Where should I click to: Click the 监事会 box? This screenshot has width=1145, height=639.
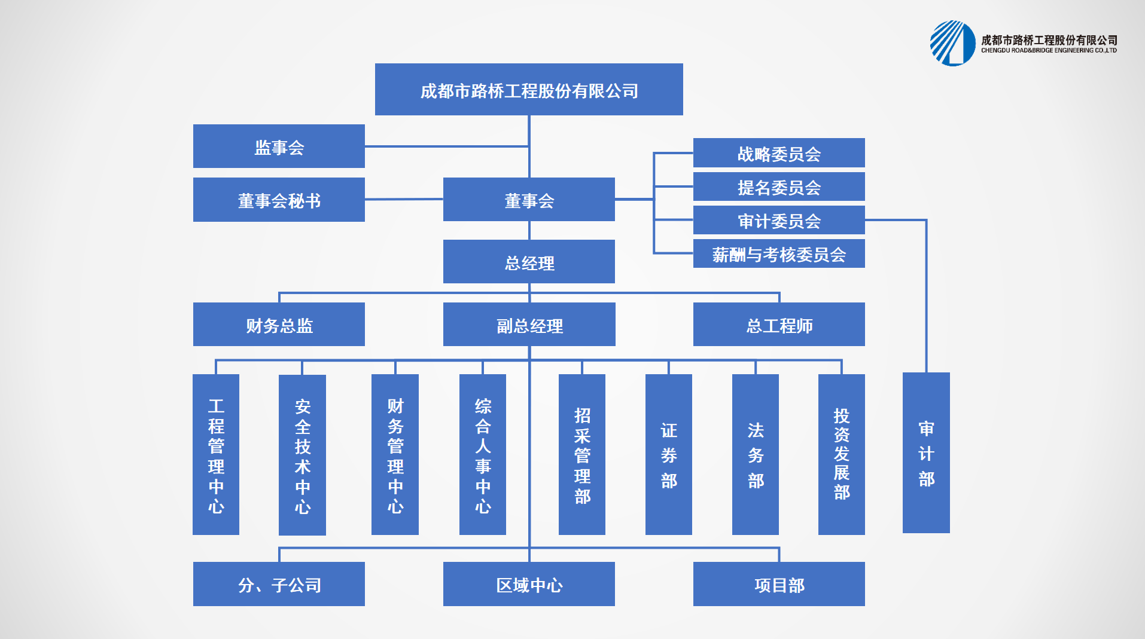[279, 146]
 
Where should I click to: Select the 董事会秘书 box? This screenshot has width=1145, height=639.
[279, 200]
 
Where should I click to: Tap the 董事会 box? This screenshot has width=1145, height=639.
[529, 200]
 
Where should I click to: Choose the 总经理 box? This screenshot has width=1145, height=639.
[529, 262]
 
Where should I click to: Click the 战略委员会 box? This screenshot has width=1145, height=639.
[779, 153]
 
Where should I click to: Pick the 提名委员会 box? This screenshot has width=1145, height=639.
[779, 186]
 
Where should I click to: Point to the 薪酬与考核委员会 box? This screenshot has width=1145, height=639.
[779, 253]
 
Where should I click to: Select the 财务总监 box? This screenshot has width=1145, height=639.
[279, 325]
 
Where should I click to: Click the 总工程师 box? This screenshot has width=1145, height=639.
[779, 325]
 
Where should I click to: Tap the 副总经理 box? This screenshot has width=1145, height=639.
[529, 325]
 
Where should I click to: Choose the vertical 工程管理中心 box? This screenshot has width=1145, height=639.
[216, 454]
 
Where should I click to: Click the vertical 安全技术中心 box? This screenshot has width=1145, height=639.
[302, 454]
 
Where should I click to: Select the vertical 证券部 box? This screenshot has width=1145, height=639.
[669, 454]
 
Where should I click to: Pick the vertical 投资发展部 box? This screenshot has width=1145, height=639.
[841, 454]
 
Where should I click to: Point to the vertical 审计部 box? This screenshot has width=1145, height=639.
[926, 453]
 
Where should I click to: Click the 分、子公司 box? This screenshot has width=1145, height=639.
[279, 584]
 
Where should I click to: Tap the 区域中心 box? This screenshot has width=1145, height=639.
[529, 584]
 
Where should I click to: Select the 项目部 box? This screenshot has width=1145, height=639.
[779, 584]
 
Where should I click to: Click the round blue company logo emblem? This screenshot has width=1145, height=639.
[952, 43]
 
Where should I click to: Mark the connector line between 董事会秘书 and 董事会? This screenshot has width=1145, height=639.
[404, 199]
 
